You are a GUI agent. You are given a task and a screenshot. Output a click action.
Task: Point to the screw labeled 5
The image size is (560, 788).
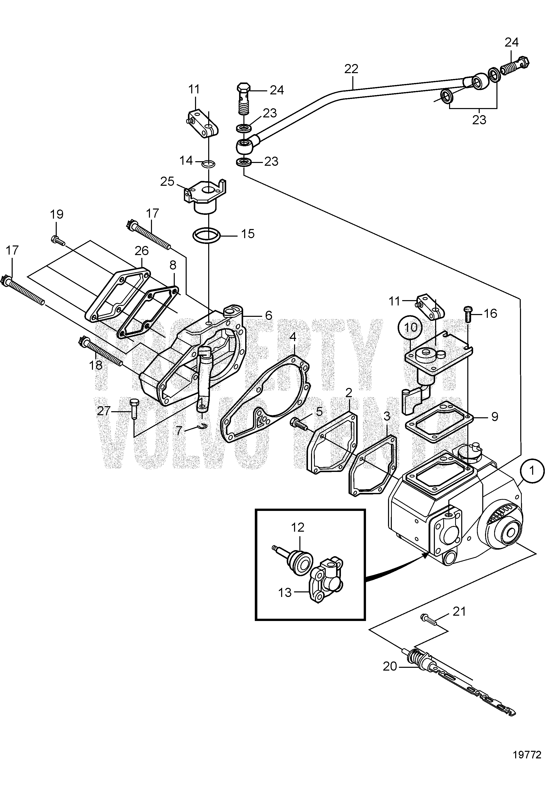pyautogui.click(x=299, y=423)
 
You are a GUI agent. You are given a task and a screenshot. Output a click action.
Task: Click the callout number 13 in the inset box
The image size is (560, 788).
pyautogui.click(x=285, y=593)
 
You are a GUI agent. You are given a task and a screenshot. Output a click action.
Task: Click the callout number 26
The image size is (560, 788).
pyautogui.click(x=141, y=251)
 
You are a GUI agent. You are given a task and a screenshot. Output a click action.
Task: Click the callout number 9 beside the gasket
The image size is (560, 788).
pyautogui.click(x=494, y=417)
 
